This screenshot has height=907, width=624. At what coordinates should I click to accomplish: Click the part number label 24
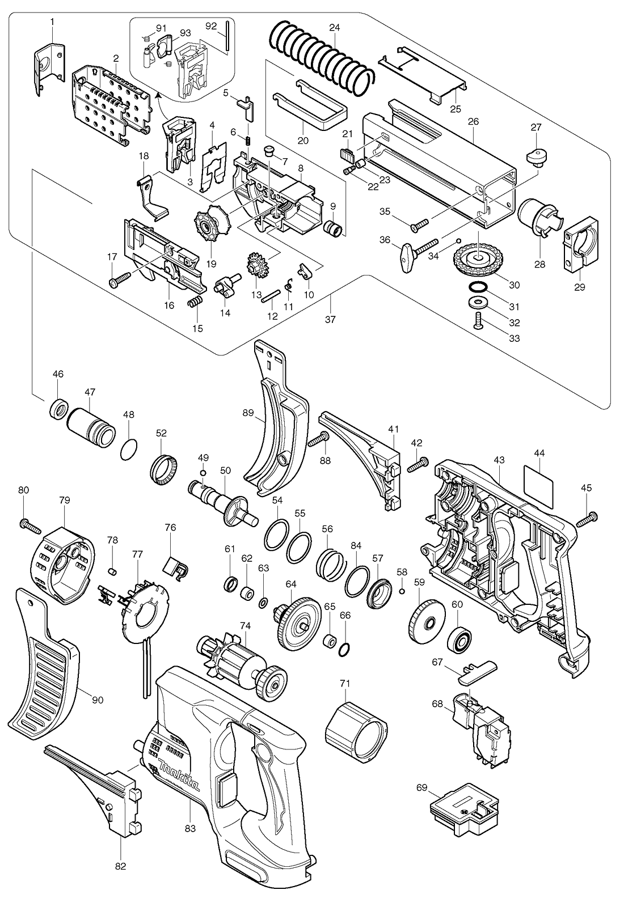point(334,28)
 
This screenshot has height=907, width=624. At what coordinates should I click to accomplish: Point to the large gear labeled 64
point(297,623)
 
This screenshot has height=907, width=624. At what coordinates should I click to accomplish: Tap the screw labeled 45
point(587,519)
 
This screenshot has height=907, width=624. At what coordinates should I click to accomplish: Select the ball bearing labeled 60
point(459,638)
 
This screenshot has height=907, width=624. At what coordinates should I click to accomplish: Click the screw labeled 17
point(120,279)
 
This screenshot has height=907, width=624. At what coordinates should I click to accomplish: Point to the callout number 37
point(330,320)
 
